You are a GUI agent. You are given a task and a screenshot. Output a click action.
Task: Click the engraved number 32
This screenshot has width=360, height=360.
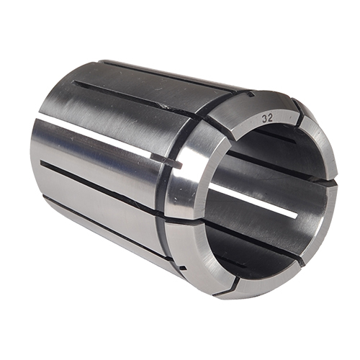pyautogui.click(x=267, y=117)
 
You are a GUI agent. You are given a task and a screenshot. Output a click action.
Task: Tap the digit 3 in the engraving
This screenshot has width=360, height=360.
pyautogui.click(x=264, y=117)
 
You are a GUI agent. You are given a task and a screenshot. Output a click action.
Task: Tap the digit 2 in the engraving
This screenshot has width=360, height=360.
pyautogui.click(x=271, y=118)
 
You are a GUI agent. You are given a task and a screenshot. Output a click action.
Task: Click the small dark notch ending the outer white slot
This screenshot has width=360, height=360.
pyautogui.click(x=175, y=164)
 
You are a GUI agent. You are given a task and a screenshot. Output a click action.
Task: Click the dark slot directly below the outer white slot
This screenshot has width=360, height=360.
pyautogui.click(x=101, y=187)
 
